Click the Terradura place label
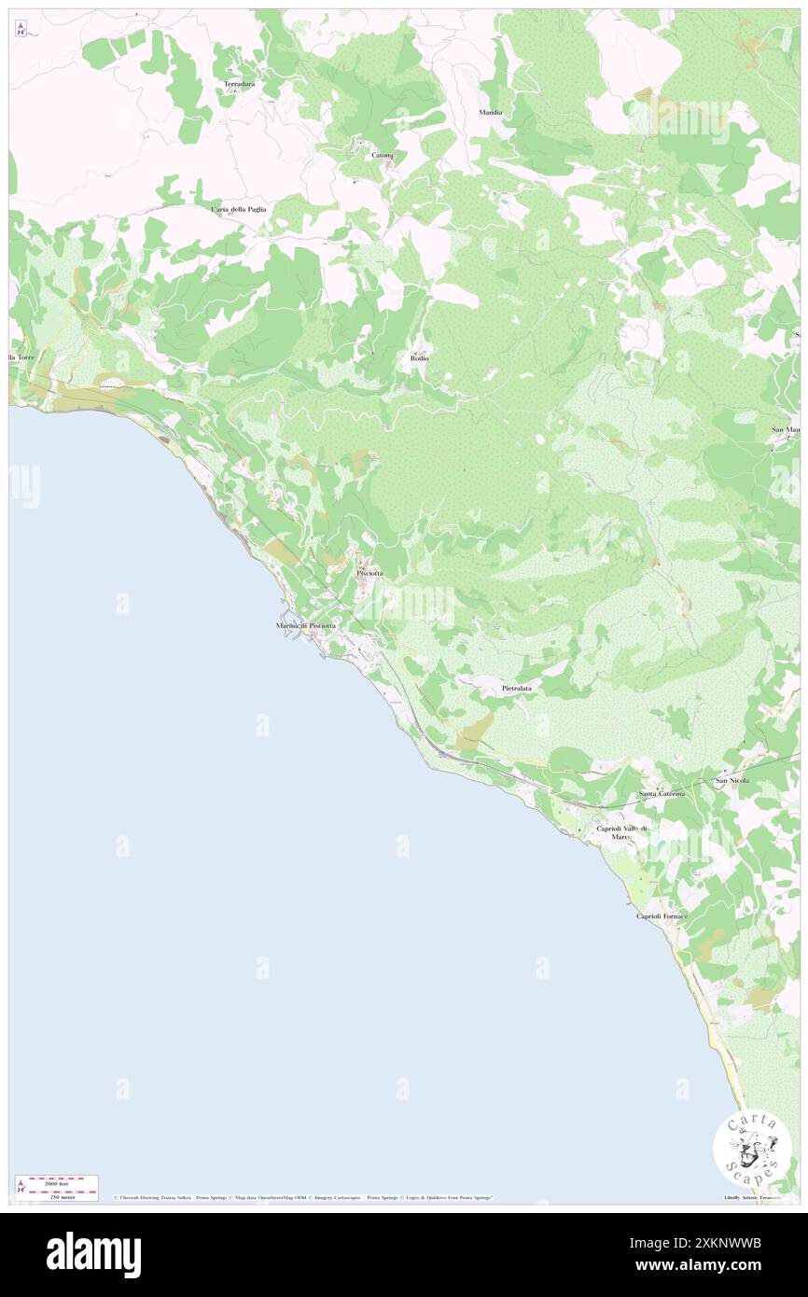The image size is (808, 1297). [x=240, y=85]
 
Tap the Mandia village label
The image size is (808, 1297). [x=491, y=112]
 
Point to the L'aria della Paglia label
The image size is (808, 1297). [x=239, y=209]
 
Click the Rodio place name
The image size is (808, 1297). [x=419, y=358]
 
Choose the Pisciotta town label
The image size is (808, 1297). [x=369, y=573]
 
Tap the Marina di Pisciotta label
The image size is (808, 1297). [x=306, y=624]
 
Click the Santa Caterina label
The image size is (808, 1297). [x=662, y=794]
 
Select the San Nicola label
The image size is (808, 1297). [x=732, y=780]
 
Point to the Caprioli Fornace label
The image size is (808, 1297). [x=662, y=916]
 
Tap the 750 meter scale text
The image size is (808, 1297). [x=57, y=1193]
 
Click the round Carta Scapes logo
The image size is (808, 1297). [x=752, y=1150]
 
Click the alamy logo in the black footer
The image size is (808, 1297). [x=93, y=1254]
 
